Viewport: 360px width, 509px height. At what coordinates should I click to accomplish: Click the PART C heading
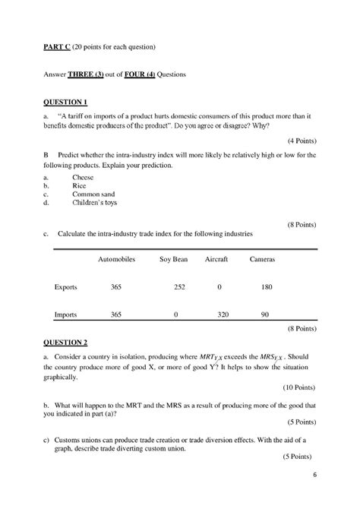coord(56,48)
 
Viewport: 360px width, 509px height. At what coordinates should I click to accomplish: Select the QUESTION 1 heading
coord(66,102)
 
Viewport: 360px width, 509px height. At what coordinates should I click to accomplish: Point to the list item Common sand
coord(95,194)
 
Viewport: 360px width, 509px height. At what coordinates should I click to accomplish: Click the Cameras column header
coord(262,259)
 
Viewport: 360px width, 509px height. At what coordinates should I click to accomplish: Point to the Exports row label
coord(66,287)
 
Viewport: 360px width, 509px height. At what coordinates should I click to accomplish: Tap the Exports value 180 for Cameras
coord(267,287)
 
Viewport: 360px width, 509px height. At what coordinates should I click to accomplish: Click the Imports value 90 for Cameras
coord(264,314)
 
